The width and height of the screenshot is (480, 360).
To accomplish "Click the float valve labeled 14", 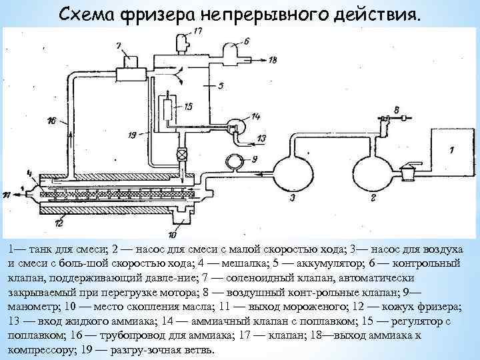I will (x=234, y=125).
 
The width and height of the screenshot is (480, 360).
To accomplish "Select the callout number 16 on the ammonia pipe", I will (x=52, y=121).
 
